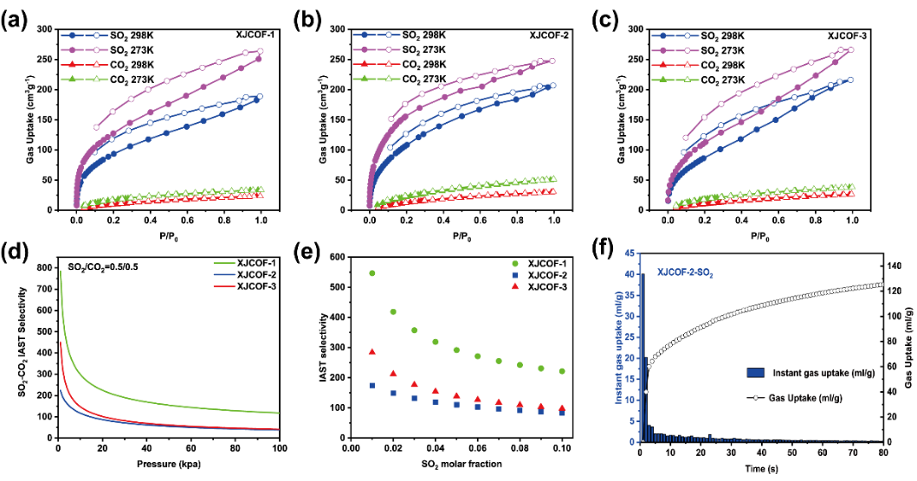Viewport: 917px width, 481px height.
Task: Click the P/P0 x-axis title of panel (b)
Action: pyautogui.click(x=462, y=235)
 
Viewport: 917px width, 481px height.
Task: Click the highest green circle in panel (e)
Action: pyautogui.click(x=372, y=273)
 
